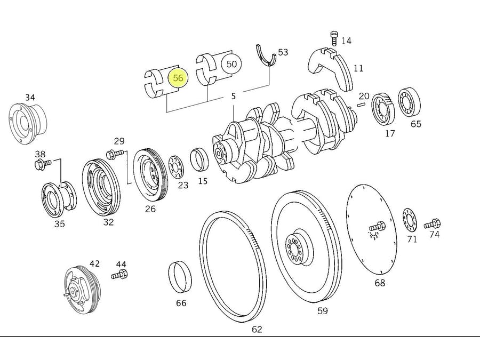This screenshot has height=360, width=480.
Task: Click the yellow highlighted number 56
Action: tap(178, 78)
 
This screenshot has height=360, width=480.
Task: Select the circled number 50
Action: tap(231, 65)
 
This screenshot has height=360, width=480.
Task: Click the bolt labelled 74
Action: tap(433, 224)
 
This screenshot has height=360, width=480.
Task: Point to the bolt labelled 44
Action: tap(119, 275)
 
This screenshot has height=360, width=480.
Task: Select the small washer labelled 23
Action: tap(175, 167)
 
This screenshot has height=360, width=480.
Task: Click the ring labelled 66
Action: tap(180, 278)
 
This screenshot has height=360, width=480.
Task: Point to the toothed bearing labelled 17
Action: tap(384, 109)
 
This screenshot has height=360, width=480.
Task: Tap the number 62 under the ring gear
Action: tap(257, 330)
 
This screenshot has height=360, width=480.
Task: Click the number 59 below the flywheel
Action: tap(323, 311)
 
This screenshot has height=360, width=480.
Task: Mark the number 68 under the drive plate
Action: tap(380, 283)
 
